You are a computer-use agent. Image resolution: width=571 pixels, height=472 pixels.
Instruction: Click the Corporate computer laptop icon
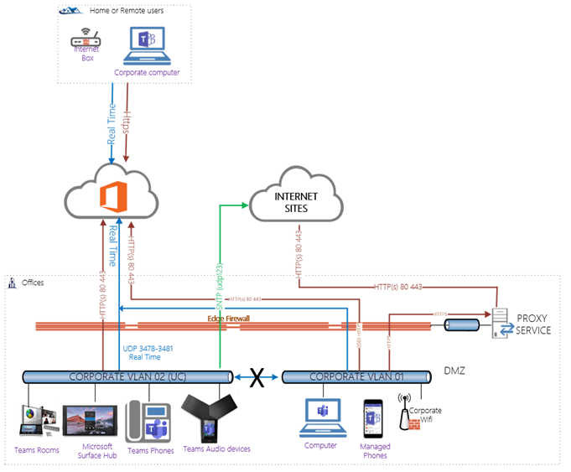pos(148,47)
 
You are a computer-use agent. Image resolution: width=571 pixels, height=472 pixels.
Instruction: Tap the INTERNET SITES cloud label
pos(292,201)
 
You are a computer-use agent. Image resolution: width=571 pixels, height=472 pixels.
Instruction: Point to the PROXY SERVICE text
pos(534,324)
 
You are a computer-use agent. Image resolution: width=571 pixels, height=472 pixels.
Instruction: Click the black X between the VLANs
pos(258,379)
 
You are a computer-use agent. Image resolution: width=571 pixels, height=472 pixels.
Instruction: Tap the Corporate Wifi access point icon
pos(411,414)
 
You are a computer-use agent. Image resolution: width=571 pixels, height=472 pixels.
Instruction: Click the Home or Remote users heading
pos(127,10)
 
